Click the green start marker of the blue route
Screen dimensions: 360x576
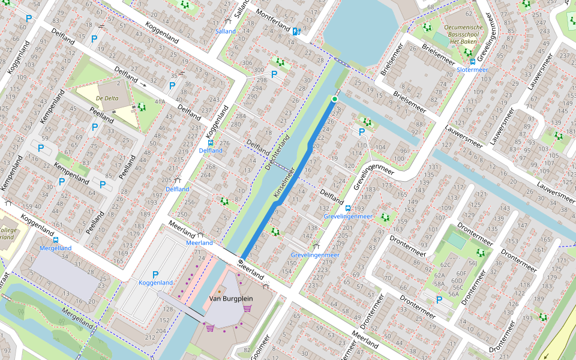point(335,98)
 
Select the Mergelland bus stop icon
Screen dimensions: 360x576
point(56,239)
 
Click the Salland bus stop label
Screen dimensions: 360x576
point(226,31)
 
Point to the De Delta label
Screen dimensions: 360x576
point(106,97)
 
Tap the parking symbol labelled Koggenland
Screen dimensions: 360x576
point(155,274)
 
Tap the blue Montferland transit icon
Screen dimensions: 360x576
point(296,31)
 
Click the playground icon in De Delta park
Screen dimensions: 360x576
point(142,107)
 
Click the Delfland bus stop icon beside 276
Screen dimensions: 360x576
point(210,143)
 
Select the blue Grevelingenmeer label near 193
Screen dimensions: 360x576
point(348,216)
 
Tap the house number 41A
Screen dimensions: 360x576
point(160,102)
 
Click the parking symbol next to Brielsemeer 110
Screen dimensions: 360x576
point(361,132)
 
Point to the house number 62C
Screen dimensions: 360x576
point(445,265)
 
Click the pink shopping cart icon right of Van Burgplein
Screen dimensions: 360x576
point(247,308)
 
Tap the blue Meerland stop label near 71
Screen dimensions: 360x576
point(200,243)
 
